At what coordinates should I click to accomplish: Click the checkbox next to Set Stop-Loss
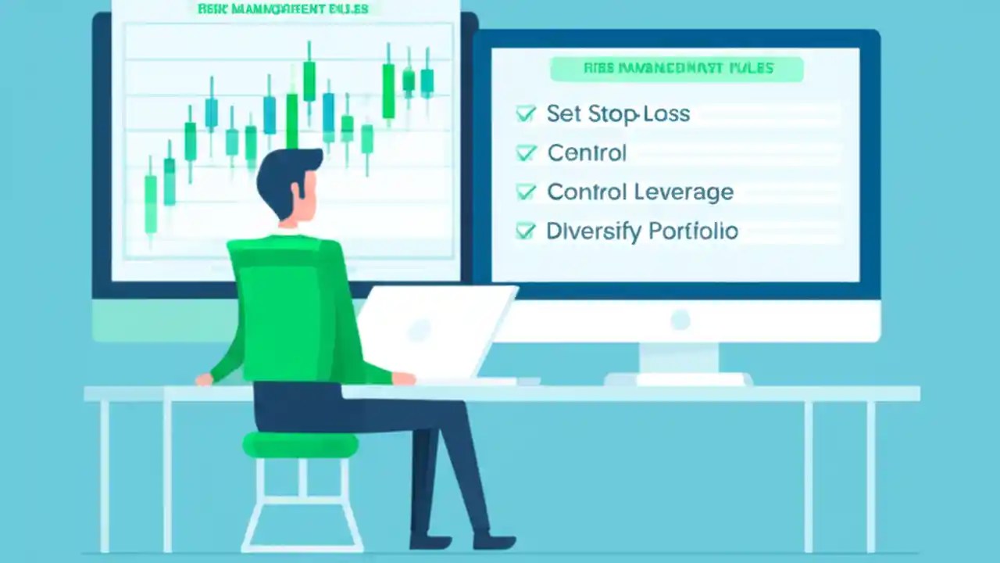click(526, 114)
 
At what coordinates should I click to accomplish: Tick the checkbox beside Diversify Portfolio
click(526, 231)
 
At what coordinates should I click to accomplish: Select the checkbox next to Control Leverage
click(526, 192)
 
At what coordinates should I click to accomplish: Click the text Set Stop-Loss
click(618, 114)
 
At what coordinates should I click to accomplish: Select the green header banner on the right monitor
click(677, 69)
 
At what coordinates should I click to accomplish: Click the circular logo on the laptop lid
click(420, 330)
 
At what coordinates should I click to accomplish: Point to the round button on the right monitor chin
click(680, 320)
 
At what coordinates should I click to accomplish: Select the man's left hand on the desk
click(204, 379)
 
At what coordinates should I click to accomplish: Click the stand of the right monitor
click(678, 360)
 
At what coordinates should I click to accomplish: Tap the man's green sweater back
click(293, 305)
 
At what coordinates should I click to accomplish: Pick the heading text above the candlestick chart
click(284, 10)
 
